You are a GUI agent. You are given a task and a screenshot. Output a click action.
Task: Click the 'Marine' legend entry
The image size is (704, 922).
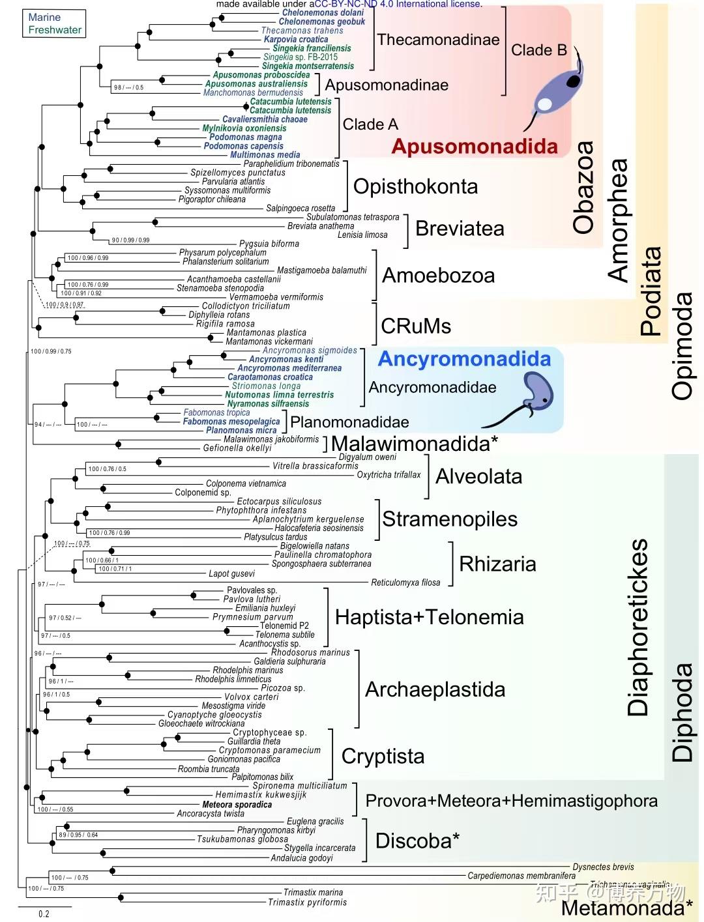click(44, 18)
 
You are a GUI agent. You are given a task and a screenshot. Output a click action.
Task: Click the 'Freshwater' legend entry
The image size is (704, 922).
click(55, 30)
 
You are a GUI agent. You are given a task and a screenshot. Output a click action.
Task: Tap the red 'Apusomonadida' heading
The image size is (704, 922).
click(475, 147)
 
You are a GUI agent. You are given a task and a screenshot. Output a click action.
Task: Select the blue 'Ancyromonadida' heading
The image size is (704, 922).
click(464, 359)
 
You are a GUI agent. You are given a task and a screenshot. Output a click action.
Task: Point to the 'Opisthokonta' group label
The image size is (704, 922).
click(415, 186)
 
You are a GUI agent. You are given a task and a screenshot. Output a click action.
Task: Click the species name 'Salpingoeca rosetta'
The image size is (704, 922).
click(301, 209)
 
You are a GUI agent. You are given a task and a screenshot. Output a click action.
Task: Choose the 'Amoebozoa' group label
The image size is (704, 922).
click(438, 276)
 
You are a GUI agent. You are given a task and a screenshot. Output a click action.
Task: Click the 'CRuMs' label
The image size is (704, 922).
click(416, 326)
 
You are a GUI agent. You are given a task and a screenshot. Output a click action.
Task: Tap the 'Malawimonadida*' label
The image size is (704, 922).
click(415, 444)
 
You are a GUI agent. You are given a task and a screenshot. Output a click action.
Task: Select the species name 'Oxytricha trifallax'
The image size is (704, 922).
click(389, 475)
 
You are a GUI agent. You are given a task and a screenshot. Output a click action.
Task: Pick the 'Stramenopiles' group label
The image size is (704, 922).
click(450, 519)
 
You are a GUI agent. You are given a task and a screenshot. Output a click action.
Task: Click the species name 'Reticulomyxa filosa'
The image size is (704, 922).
click(405, 583)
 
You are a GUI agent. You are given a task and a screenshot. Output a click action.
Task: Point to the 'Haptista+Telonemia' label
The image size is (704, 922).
click(429, 617)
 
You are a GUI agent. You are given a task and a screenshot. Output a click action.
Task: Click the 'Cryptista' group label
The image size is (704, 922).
click(383, 756)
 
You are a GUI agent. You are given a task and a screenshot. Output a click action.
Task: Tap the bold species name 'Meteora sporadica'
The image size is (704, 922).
click(237, 805)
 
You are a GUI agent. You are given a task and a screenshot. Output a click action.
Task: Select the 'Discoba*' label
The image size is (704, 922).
click(417, 841)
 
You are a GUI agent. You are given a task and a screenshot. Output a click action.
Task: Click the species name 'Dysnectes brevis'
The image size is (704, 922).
click(603, 867)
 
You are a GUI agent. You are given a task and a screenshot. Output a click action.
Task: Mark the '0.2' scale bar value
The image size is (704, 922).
click(44, 914)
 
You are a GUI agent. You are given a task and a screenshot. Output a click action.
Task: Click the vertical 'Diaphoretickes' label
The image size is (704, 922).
click(639, 627)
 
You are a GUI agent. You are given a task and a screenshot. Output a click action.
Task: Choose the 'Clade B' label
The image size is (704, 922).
click(538, 50)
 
